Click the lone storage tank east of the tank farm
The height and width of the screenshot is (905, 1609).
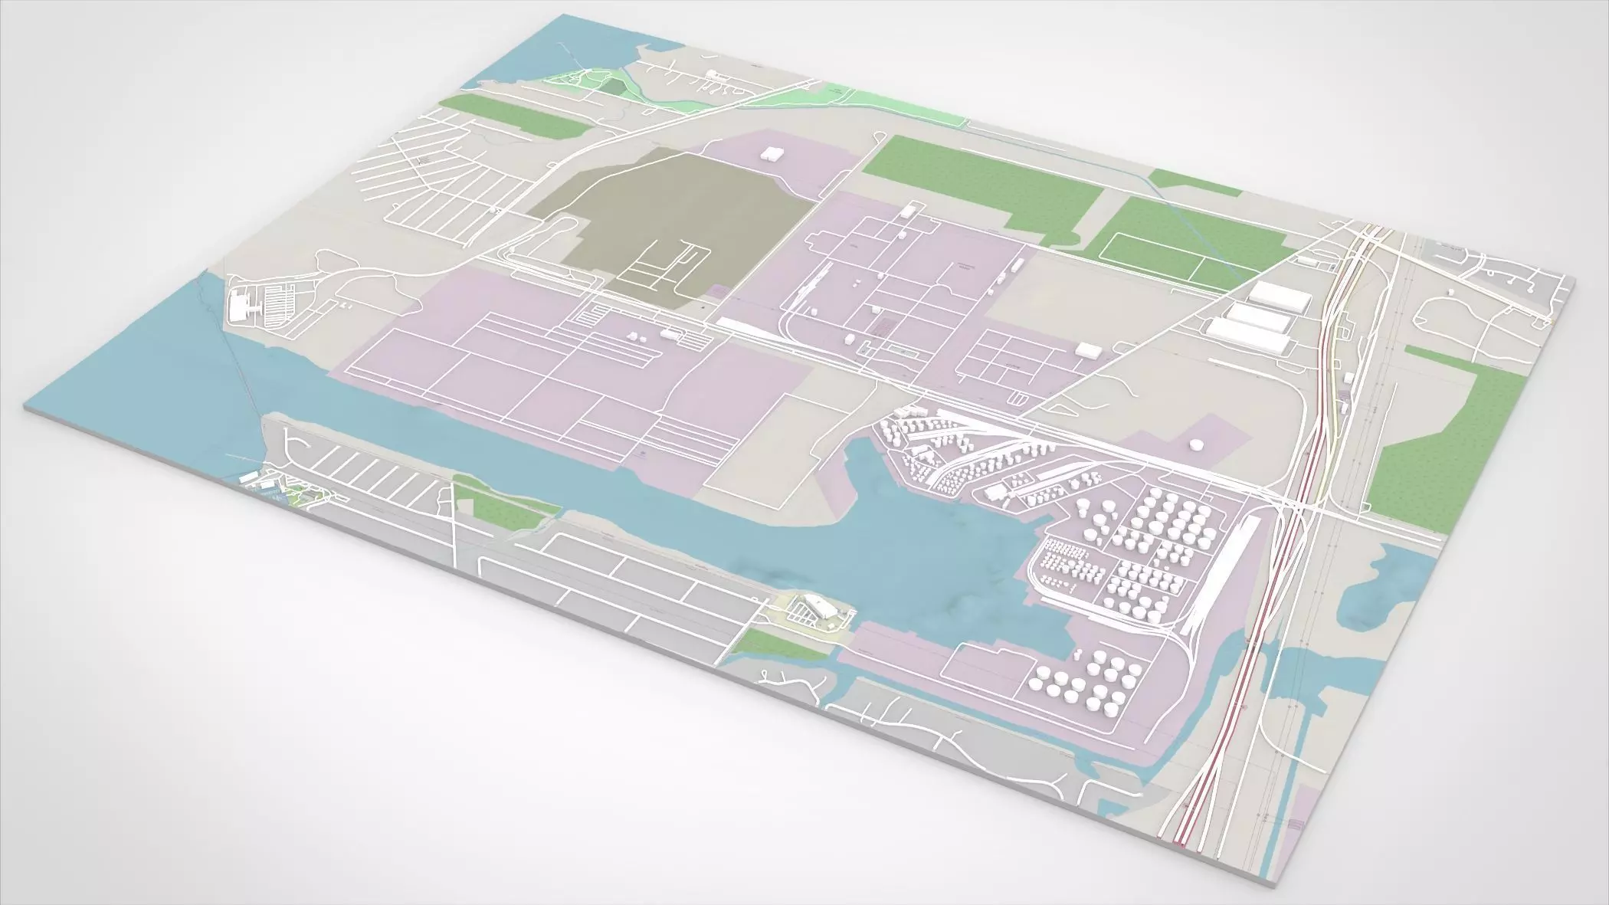click(1194, 444)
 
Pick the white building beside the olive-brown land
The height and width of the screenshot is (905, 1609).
click(770, 152)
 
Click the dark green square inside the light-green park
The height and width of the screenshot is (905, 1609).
click(611, 85)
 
